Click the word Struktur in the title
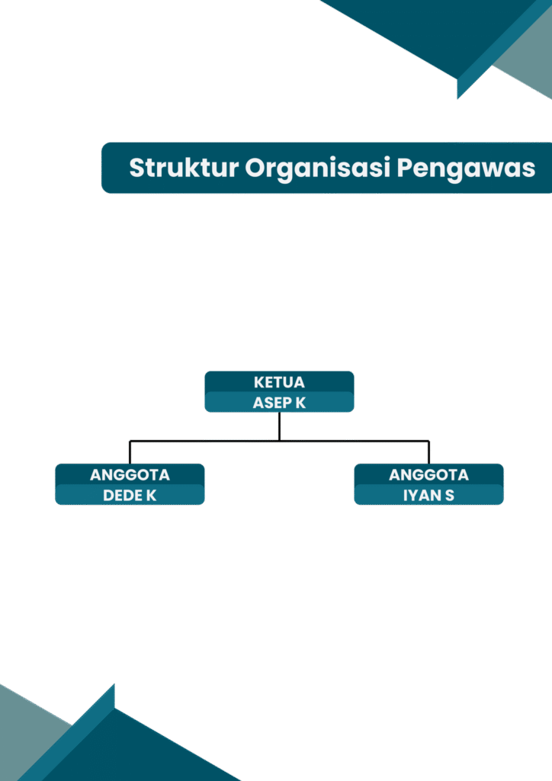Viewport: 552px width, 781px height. pyautogui.click(x=184, y=167)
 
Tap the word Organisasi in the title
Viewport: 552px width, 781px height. pyautogui.click(x=318, y=169)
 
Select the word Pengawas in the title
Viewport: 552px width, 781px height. pyautogui.click(x=466, y=169)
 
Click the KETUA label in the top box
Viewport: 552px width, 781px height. pyautogui.click(x=279, y=382)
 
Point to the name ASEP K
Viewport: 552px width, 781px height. pyautogui.click(x=279, y=403)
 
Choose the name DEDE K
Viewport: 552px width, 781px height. pyautogui.click(x=130, y=495)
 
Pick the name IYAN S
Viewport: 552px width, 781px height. pyautogui.click(x=428, y=495)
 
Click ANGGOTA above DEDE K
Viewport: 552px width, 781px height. pyautogui.click(x=130, y=474)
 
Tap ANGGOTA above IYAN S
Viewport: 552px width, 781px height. pyautogui.click(x=428, y=474)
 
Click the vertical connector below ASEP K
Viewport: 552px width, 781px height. pyautogui.click(x=279, y=426)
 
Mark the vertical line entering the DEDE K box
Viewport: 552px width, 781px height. pyautogui.click(x=130, y=452)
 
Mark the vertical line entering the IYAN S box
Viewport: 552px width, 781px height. pyautogui.click(x=428, y=452)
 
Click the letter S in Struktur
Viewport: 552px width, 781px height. pyautogui.click(x=137, y=168)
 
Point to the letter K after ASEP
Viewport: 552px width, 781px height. pyautogui.click(x=300, y=403)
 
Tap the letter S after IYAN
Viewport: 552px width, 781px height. pyautogui.click(x=450, y=495)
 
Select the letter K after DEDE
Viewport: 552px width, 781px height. pyautogui.click(x=151, y=495)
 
